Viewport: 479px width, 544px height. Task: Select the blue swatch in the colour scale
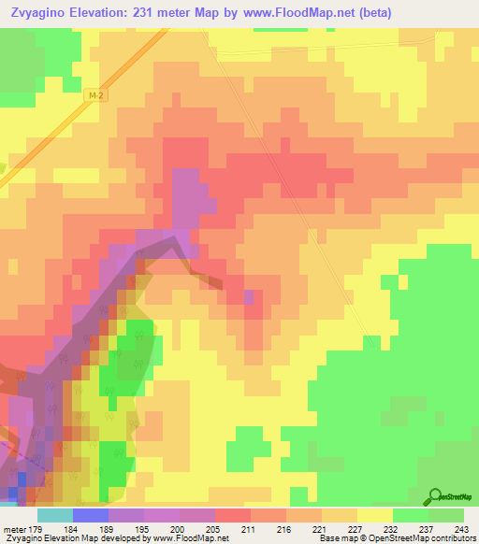click(x=91, y=515)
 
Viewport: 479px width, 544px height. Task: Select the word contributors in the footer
click(x=449, y=538)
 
